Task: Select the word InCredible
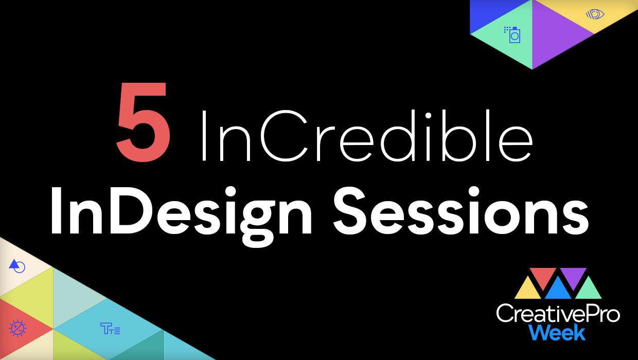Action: (x=367, y=135)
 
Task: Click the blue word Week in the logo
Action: (x=557, y=332)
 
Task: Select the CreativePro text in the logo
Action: (x=558, y=313)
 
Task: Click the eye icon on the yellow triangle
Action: (x=595, y=14)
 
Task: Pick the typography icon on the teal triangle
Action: (x=110, y=328)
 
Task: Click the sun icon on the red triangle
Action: (x=17, y=328)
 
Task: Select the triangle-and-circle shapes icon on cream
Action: (x=17, y=266)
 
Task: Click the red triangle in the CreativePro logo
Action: (x=543, y=278)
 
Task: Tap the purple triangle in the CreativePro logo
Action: (x=573, y=278)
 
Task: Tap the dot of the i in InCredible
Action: (x=428, y=115)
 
